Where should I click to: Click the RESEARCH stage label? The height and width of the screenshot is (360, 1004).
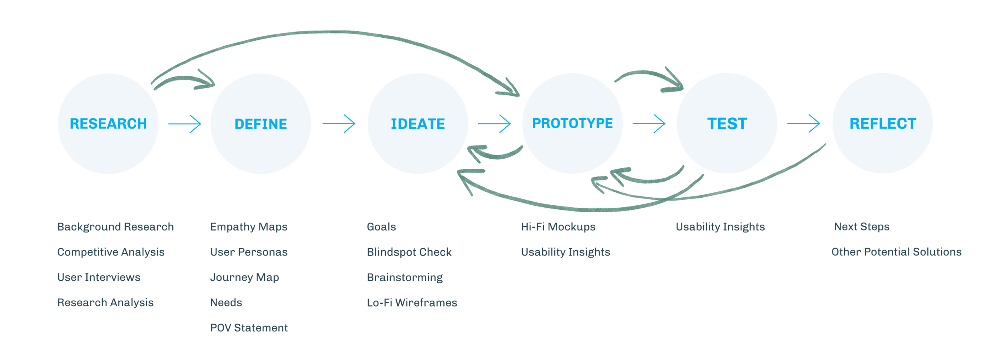tap(108, 124)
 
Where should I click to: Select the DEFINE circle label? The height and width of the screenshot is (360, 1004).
tap(261, 124)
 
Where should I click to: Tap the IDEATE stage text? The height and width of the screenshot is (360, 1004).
tap(418, 124)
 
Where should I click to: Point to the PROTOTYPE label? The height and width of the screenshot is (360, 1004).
tap(572, 123)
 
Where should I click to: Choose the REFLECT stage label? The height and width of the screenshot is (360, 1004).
tap(883, 124)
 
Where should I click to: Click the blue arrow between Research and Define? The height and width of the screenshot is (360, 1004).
tap(185, 124)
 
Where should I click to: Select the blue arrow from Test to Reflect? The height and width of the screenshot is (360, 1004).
tap(803, 124)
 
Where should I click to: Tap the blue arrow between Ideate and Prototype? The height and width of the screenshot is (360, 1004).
tap(494, 124)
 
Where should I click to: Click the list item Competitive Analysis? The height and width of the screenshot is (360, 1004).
tap(111, 252)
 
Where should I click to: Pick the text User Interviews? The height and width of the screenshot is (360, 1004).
tap(99, 278)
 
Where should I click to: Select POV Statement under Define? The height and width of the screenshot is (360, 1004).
tap(249, 328)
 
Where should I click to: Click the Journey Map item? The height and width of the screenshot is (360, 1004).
tap(245, 278)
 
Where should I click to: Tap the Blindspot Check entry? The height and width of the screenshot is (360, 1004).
tap(409, 252)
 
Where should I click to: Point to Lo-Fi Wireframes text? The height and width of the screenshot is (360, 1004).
tap(412, 303)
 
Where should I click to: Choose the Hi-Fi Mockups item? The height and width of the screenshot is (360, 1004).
tap(558, 227)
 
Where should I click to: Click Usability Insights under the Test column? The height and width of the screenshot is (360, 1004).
tap(720, 227)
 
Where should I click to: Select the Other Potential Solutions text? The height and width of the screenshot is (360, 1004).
tap(896, 252)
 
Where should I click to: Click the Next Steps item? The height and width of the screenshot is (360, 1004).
tap(862, 227)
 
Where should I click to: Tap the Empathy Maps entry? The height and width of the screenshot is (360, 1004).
tap(249, 227)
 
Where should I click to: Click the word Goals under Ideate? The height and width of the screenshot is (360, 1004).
tap(382, 227)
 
